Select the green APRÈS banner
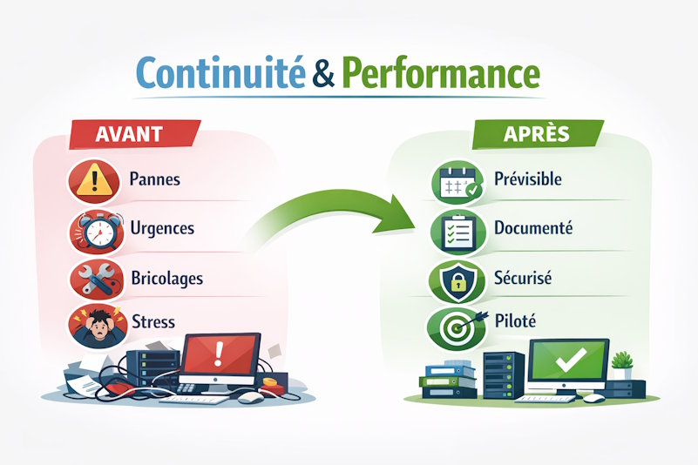click(x=537, y=134)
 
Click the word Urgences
click(x=161, y=229)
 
